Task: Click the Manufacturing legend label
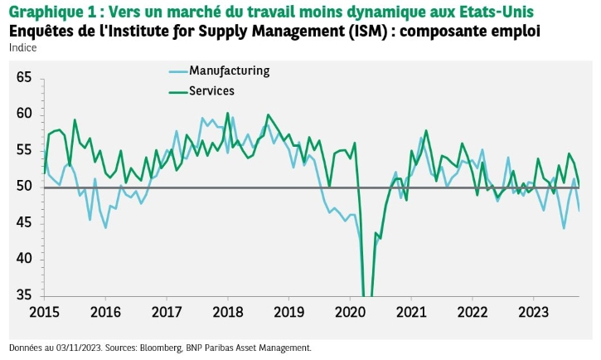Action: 229,71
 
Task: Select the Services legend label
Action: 211,90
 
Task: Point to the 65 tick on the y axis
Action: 23,77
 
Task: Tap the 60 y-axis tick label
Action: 23,114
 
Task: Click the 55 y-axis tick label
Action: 23,150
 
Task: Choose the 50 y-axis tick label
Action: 23,187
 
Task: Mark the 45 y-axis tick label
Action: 23,223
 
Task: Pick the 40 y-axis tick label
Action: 23,259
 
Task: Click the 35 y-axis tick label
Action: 23,295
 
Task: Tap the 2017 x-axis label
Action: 166,313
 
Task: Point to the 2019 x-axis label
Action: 288,313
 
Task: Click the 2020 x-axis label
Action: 349,313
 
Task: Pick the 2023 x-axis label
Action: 532,313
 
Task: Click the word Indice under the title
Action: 23,47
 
